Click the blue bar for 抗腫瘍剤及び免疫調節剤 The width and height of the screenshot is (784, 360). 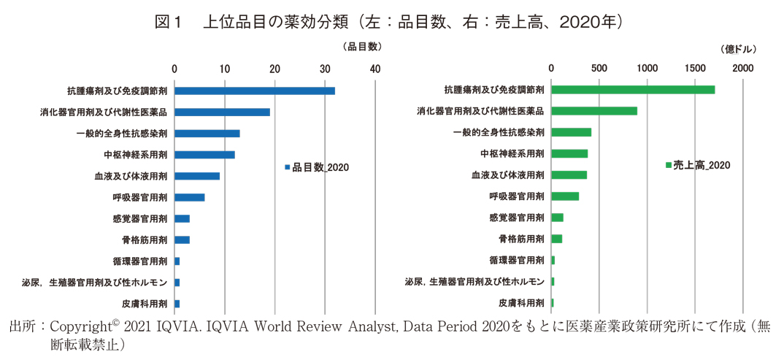coord(254,91)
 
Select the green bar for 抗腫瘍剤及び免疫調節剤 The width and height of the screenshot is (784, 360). coord(633,90)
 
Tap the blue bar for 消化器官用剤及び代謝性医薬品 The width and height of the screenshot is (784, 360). coord(222,112)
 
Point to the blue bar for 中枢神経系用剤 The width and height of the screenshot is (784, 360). coord(204,155)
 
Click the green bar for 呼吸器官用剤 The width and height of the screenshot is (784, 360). coord(565,196)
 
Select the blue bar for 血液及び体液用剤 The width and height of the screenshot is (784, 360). coord(197,176)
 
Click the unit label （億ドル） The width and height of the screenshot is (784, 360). coord(737,49)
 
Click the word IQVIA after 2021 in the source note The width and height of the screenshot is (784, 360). coord(176,326)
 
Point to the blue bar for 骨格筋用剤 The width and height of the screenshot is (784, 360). coord(182,240)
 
